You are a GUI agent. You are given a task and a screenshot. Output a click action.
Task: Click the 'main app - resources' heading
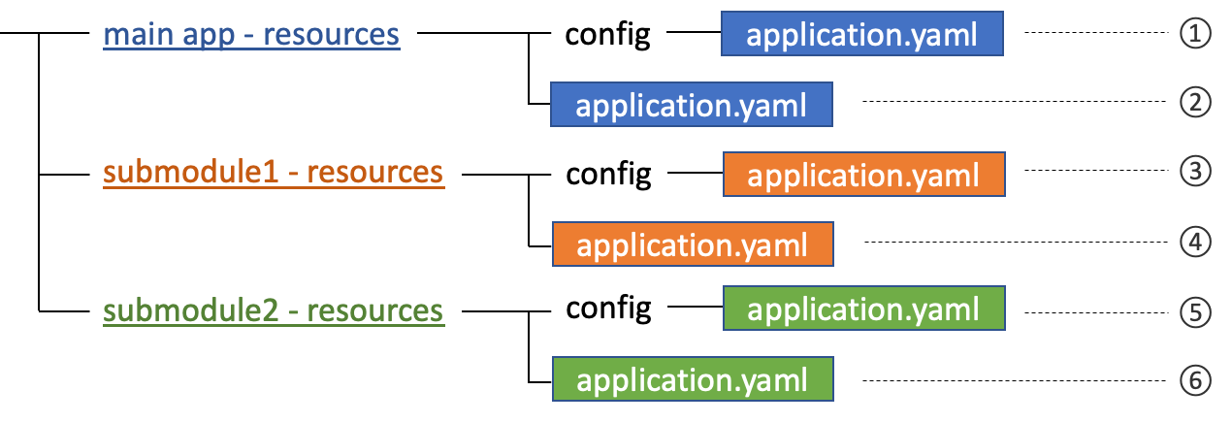click(251, 35)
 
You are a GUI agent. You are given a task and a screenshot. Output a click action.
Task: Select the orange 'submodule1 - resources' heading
click(274, 173)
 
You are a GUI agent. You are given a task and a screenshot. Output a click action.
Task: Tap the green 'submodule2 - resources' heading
click(274, 311)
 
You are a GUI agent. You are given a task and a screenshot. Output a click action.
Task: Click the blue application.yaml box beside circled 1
click(861, 36)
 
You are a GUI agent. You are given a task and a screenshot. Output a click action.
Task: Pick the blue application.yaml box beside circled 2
click(691, 105)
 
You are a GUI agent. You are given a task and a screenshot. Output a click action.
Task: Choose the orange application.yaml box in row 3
click(863, 175)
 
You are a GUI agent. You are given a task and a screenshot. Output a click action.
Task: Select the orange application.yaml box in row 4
click(693, 244)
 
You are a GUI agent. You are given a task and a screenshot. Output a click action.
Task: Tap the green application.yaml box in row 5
click(863, 309)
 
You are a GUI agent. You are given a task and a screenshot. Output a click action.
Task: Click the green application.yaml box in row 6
click(693, 379)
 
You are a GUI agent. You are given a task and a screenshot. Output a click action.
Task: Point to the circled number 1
click(1195, 35)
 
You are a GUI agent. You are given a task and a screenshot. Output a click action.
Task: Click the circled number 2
click(1195, 104)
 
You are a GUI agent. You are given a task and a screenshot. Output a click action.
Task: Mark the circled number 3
click(1195, 173)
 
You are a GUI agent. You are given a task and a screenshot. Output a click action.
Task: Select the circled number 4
click(1195, 243)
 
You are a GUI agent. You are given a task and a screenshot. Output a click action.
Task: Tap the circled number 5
click(1195, 312)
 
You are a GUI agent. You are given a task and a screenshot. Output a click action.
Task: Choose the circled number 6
click(1195, 381)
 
